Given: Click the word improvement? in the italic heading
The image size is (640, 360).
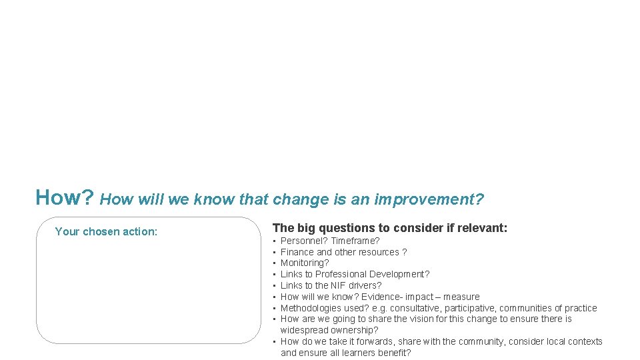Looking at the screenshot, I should (429, 199).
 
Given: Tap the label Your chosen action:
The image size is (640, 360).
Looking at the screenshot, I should (106, 231).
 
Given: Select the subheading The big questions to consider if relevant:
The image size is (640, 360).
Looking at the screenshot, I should (390, 228).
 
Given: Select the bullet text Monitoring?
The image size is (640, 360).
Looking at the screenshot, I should (305, 263).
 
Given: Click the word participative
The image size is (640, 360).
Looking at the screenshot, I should (471, 308).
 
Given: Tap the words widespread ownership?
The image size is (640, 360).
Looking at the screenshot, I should (329, 330).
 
